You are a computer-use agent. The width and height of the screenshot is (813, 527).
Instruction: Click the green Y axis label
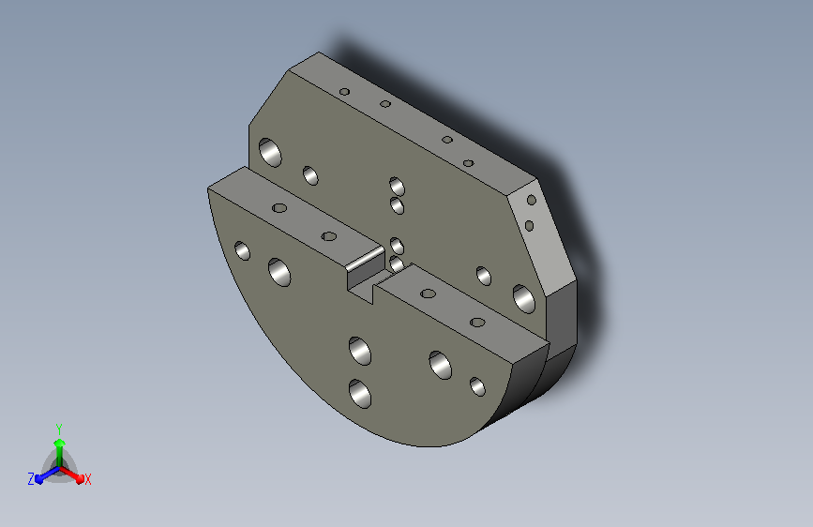click(x=58, y=427)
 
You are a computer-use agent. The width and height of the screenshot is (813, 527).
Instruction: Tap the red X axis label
click(x=87, y=479)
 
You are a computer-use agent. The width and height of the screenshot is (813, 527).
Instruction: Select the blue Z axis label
click(x=31, y=478)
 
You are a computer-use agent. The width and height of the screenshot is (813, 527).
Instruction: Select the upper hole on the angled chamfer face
click(x=532, y=200)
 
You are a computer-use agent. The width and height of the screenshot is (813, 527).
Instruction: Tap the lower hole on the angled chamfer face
click(x=529, y=225)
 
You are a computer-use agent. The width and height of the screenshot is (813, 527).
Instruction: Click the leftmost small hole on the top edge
click(x=344, y=92)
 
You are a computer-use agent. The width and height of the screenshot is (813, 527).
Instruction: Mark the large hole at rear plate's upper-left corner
click(x=270, y=150)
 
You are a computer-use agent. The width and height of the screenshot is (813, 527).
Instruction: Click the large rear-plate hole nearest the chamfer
click(x=523, y=298)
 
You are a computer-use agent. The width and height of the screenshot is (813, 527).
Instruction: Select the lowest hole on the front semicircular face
click(x=360, y=393)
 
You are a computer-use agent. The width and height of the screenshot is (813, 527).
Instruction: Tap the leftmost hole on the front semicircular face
click(x=242, y=250)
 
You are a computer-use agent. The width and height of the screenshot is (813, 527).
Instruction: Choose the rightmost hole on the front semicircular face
click(x=477, y=385)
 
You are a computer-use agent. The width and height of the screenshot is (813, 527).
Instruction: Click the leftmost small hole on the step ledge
click(x=279, y=207)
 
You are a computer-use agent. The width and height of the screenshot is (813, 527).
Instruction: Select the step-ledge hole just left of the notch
click(x=329, y=236)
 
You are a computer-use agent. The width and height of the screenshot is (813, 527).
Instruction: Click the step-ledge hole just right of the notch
click(x=429, y=294)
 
